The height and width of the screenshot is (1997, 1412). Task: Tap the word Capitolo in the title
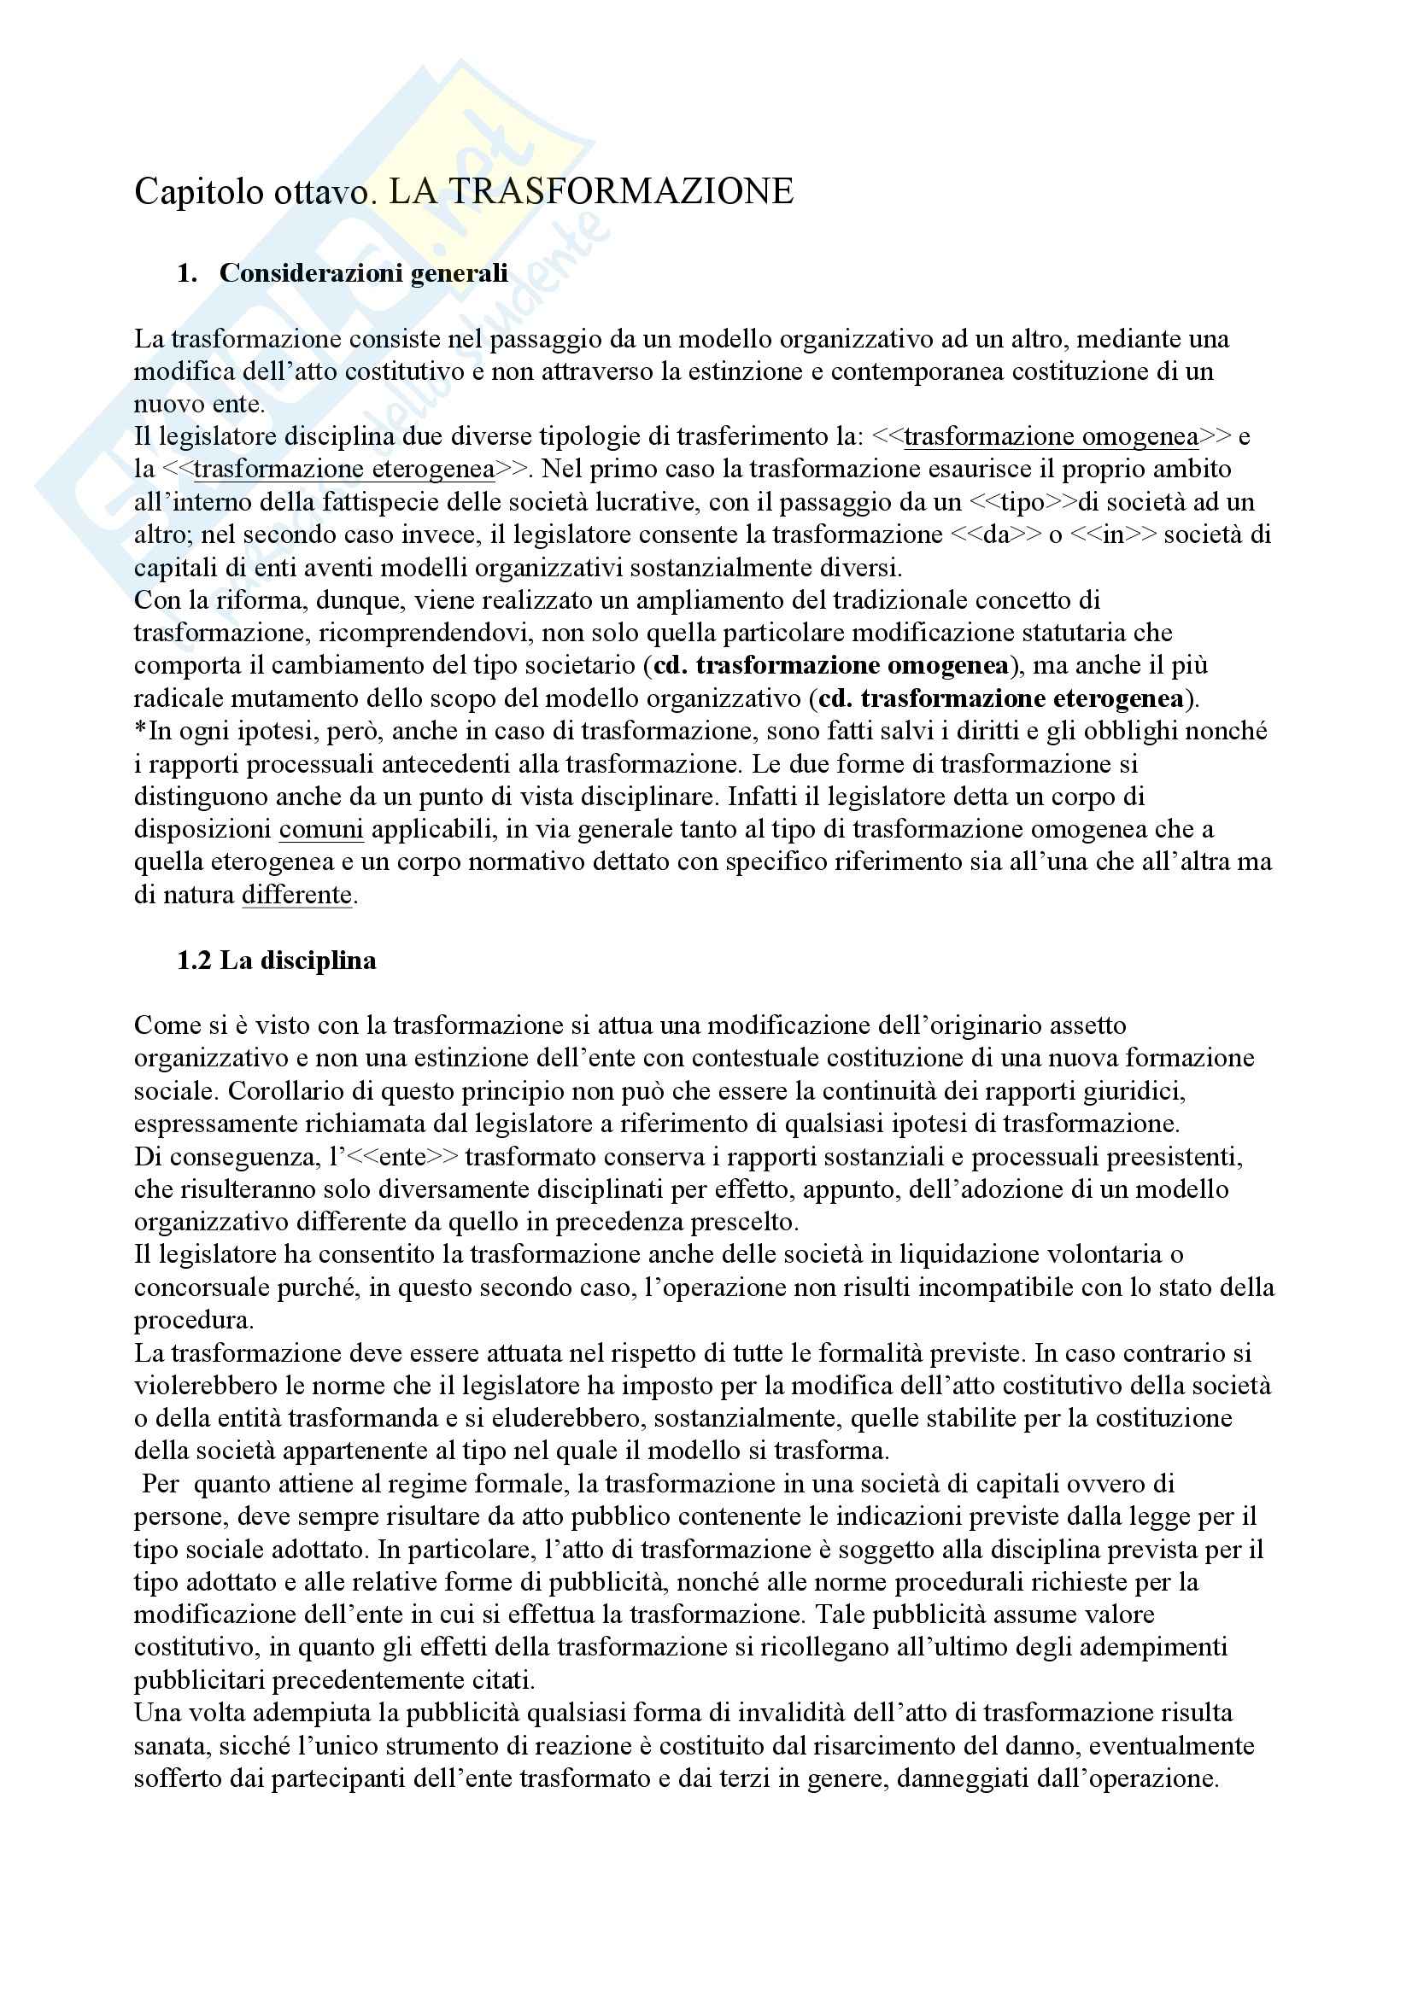tap(185, 192)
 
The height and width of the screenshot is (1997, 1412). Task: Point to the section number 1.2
tap(195, 961)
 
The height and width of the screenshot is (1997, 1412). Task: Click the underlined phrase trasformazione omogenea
tap(1051, 436)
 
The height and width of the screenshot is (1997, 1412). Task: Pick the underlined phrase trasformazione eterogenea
tap(343, 470)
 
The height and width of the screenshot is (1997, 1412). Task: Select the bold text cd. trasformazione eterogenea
tap(1001, 699)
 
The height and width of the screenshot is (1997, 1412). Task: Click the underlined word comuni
tap(321, 830)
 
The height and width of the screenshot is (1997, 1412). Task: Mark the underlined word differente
tap(296, 895)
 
